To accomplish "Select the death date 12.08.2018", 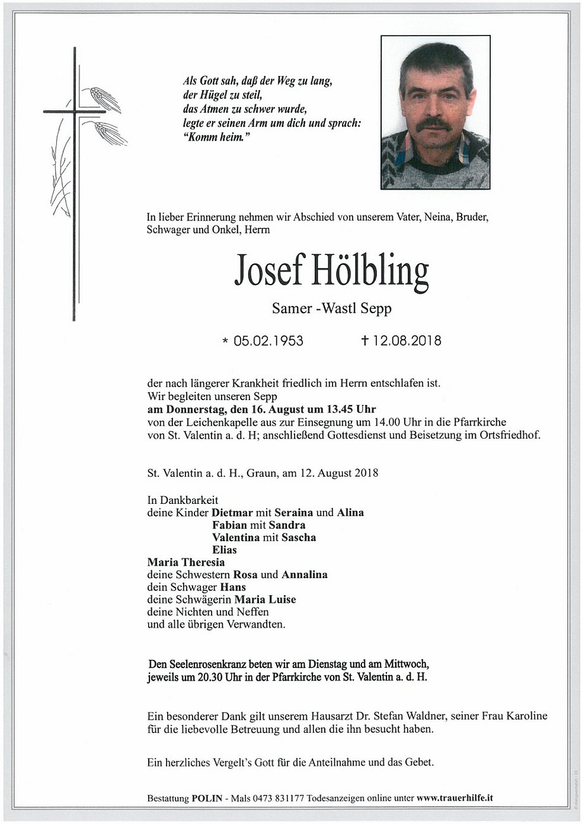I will coord(407,341).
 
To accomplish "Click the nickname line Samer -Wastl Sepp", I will coord(331,308).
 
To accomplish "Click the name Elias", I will coord(225,550).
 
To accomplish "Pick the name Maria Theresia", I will coord(186,563).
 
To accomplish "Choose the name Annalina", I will coord(305,575).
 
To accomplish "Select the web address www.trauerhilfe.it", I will coord(455,799).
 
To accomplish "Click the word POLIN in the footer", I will coord(207,799).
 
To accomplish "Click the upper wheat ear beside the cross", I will coord(105,98).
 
